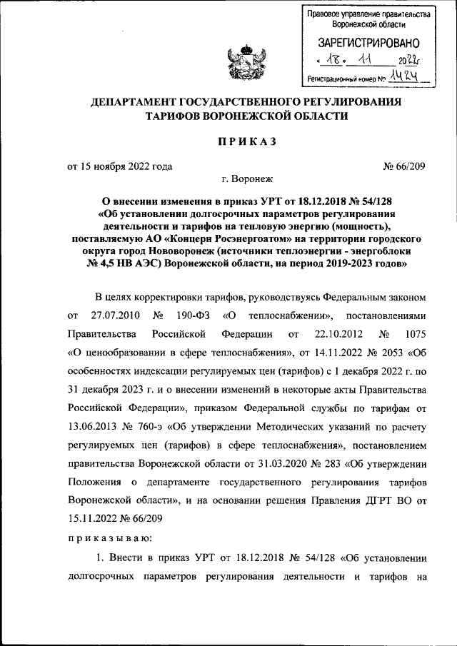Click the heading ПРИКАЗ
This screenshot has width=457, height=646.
pyautogui.click(x=246, y=141)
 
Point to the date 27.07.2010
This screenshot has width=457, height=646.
pyautogui.click(x=117, y=315)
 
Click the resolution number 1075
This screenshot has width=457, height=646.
pyautogui.click(x=414, y=334)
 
